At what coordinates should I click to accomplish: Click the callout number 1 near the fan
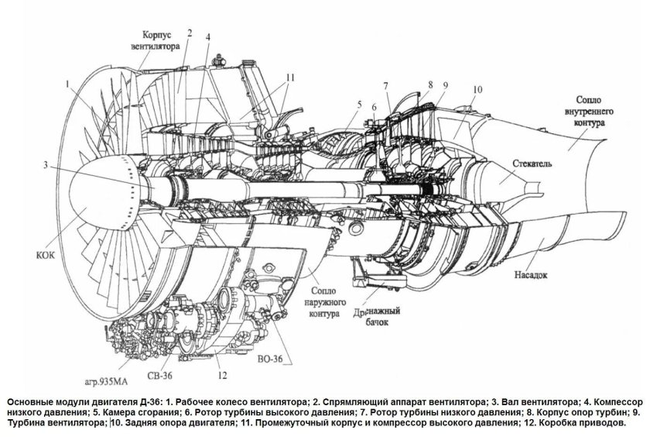pos(67,81)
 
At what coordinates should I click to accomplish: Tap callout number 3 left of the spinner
pos(46,164)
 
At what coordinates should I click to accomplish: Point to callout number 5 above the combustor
pos(359,103)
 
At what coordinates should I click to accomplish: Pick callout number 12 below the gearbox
pos(222,376)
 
